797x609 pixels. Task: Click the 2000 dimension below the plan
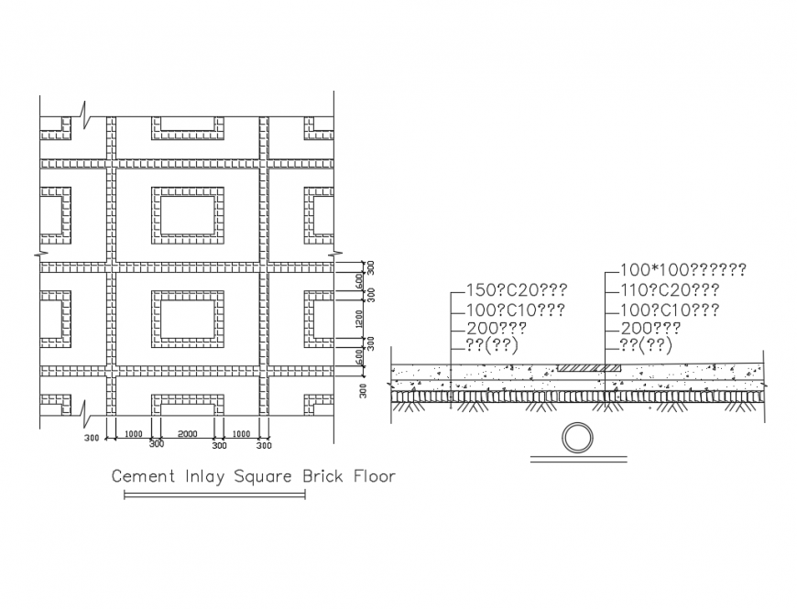(x=187, y=433)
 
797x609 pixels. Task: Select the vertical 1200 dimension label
(x=360, y=318)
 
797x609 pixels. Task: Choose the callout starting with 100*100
(x=682, y=270)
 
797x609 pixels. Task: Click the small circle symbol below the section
(x=577, y=439)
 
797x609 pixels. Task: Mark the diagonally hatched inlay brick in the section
(x=589, y=368)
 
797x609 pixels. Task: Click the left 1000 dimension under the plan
(x=134, y=433)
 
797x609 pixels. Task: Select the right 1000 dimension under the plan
(x=241, y=433)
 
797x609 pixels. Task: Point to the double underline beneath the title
(x=214, y=495)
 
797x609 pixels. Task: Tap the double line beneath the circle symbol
(x=577, y=460)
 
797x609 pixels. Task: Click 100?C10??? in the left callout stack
(x=515, y=310)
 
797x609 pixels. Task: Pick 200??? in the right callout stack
(x=650, y=328)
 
